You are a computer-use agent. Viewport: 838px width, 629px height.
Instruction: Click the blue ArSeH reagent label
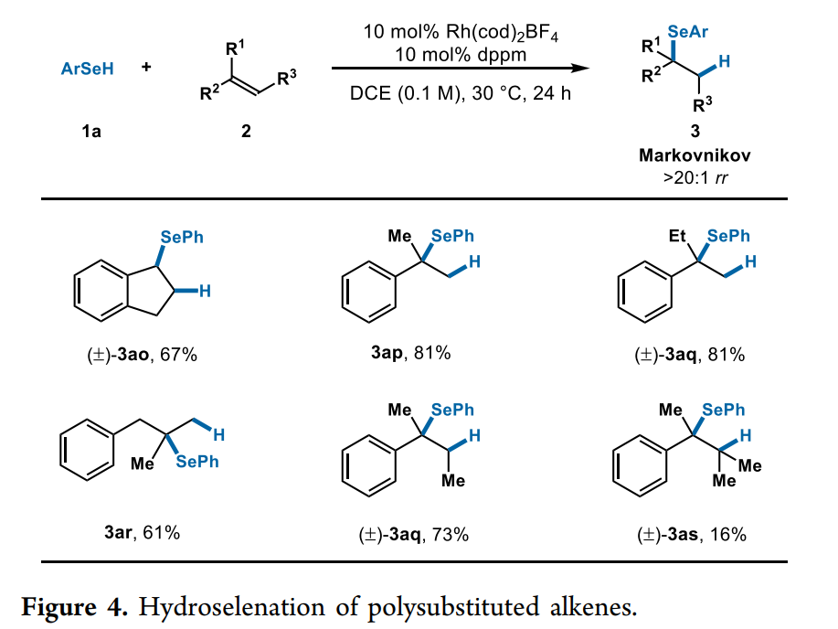pos(88,68)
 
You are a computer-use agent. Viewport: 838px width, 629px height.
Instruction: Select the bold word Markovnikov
pos(695,155)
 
